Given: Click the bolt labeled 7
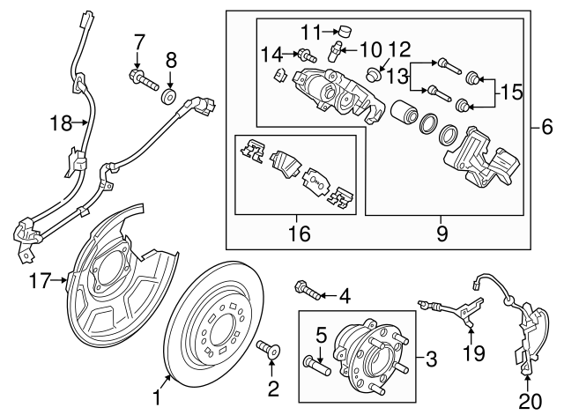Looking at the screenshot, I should pos(142,84).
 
